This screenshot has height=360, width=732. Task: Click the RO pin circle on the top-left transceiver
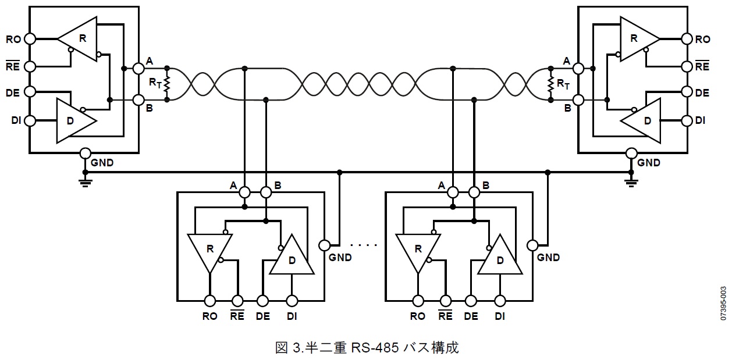[x=29, y=39]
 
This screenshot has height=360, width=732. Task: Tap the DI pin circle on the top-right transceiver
[x=687, y=120]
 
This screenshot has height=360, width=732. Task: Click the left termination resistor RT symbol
[x=167, y=84]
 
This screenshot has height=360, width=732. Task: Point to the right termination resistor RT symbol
[x=549, y=84]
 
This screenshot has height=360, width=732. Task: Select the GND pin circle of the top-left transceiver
[x=85, y=154]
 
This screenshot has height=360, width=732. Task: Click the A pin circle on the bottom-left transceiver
[x=244, y=191]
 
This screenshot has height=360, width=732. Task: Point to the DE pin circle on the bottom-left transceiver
[x=263, y=301]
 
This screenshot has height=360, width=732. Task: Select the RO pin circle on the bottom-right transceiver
[x=417, y=301]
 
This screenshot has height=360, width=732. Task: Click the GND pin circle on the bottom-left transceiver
[x=325, y=244]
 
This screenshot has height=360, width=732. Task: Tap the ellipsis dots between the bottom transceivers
[x=365, y=245]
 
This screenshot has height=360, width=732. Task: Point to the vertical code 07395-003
[x=723, y=303]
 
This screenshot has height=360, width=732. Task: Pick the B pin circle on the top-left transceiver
[x=138, y=99]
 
